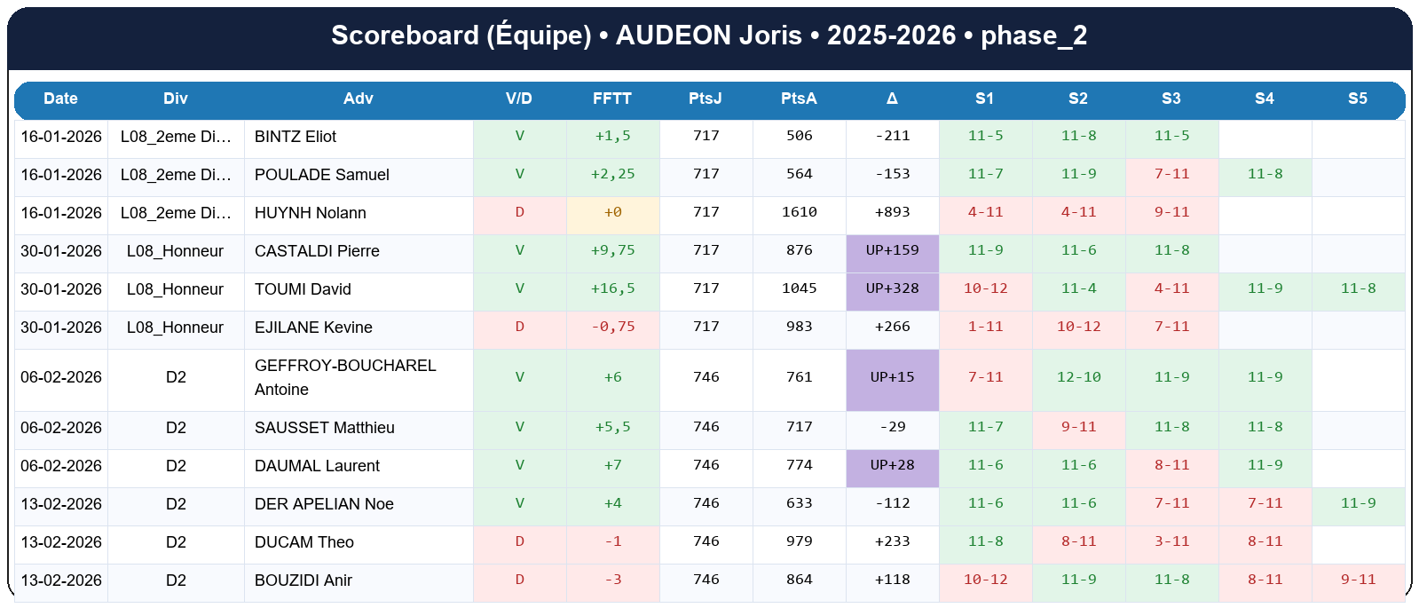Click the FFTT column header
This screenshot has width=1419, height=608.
click(612, 99)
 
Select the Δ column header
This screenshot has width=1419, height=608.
click(892, 99)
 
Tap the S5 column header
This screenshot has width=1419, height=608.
click(1358, 99)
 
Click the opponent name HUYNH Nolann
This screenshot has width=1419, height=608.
click(310, 213)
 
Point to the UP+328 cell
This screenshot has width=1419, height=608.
click(892, 288)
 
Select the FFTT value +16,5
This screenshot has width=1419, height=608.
click(612, 288)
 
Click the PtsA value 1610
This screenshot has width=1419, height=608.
click(799, 212)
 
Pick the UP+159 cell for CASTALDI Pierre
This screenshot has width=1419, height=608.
click(892, 250)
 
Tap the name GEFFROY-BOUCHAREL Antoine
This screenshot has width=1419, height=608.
click(344, 377)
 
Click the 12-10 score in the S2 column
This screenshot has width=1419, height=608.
click(1078, 377)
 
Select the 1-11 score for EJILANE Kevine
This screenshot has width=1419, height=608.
click(985, 327)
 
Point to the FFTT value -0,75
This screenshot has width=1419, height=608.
click(612, 327)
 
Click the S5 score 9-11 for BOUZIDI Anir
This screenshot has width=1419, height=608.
click(1358, 580)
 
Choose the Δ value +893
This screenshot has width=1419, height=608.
click(892, 212)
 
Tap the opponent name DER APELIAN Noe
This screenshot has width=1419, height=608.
click(324, 504)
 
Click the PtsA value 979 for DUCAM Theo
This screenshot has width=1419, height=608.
click(799, 541)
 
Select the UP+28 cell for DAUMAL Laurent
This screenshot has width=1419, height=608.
click(892, 465)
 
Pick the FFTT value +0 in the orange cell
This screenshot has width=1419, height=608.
click(612, 212)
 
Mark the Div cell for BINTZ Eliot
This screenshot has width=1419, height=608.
click(176, 137)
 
